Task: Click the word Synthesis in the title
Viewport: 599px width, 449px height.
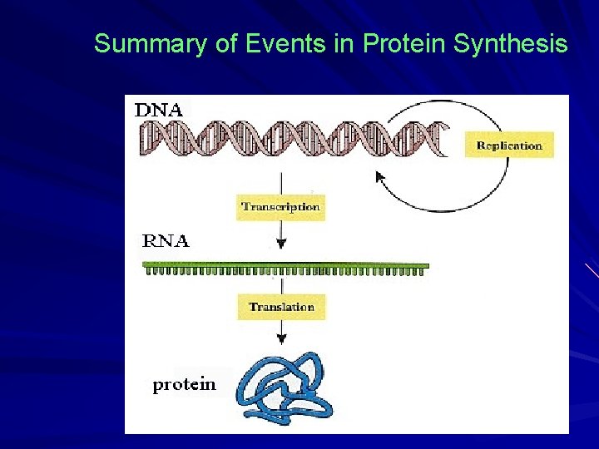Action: [511, 44]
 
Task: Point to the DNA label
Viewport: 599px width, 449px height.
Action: [159, 108]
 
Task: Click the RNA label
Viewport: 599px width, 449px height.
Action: [166, 242]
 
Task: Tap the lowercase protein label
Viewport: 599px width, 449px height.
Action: [184, 384]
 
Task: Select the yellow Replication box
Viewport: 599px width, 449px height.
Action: [508, 146]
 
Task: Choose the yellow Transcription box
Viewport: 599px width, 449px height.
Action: [280, 206]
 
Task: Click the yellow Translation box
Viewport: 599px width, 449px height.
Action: [281, 307]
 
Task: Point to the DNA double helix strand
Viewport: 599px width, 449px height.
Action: [291, 138]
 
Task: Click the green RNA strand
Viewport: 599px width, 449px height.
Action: [286, 268]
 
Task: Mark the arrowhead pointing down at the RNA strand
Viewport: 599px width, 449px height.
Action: [281, 244]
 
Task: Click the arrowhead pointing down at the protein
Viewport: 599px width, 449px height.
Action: [281, 338]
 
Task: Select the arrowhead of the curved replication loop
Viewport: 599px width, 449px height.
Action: [380, 176]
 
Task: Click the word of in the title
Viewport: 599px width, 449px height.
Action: [225, 44]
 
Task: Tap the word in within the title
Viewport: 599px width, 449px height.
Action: [344, 44]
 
